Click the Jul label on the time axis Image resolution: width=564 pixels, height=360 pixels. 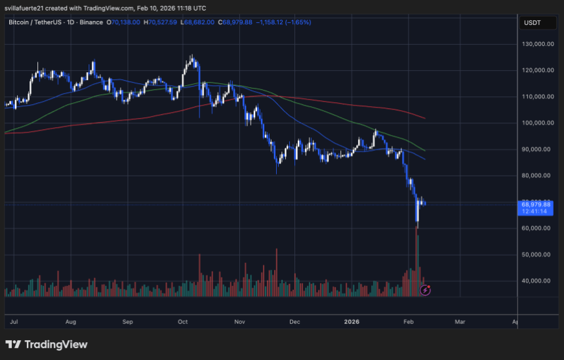[14, 322]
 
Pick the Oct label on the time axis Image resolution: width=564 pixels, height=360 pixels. [183, 322]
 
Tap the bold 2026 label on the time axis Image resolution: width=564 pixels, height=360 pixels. [352, 322]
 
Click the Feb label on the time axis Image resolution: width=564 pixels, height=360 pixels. [408, 322]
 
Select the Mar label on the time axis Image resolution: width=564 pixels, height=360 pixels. [460, 322]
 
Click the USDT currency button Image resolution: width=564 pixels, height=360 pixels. [531, 23]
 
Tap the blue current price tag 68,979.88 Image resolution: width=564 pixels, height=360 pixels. [536, 205]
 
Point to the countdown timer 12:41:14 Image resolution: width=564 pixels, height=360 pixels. [536, 212]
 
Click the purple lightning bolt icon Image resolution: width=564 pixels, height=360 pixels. [425, 289]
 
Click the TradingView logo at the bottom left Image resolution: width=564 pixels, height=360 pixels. [47, 344]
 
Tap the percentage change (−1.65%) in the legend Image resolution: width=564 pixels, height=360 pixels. [298, 22]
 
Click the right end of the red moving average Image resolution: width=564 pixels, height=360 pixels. [425, 119]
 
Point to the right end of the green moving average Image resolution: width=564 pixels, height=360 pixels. [425, 150]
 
